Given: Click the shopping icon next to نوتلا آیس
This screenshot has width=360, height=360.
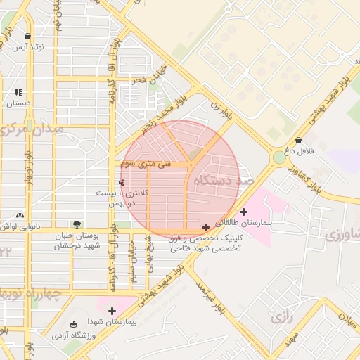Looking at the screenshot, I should [27, 37].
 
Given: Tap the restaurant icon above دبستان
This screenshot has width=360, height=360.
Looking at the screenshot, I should [18, 92].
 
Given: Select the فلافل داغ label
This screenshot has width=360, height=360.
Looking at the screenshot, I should [298, 150].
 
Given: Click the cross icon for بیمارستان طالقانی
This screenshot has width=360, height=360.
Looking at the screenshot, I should [244, 212].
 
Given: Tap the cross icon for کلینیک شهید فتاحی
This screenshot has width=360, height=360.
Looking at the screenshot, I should [205, 227].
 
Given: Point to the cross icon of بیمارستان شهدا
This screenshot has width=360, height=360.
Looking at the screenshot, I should [112, 310].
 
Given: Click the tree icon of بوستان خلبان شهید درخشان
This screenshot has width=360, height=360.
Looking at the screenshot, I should [77, 224].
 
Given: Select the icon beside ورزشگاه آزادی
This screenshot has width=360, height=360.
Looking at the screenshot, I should [74, 324].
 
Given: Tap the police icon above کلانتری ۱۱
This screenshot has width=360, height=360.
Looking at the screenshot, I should [122, 182].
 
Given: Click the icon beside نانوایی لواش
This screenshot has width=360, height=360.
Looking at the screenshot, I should [19, 215].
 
